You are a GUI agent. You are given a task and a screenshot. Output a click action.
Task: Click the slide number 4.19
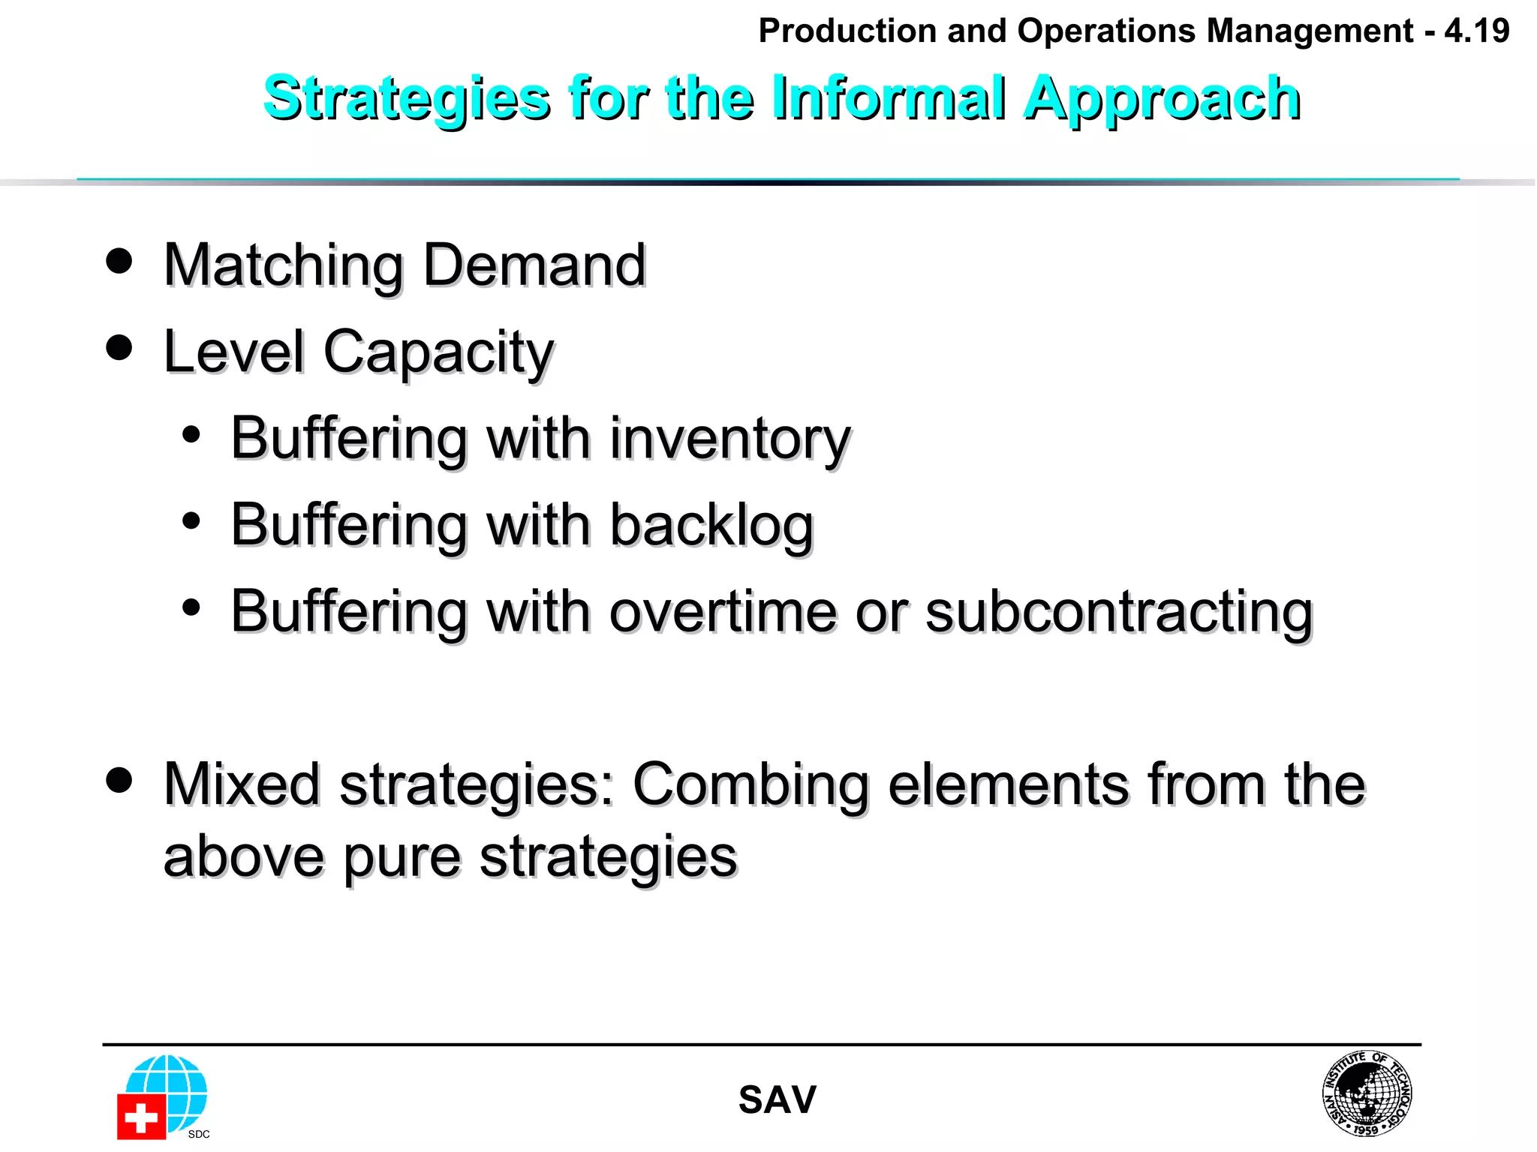[x=1476, y=31]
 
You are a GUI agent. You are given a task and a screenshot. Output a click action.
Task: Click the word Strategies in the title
[x=406, y=99]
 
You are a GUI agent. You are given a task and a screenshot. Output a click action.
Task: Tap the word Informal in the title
[x=889, y=97]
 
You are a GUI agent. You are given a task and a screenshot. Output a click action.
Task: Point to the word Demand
[x=534, y=265]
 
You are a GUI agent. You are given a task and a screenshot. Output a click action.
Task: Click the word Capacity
[x=438, y=352]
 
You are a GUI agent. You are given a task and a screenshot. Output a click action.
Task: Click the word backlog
[x=711, y=526]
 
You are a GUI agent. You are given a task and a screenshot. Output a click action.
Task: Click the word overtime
[x=722, y=613]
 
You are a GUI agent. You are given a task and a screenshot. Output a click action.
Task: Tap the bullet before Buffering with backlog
[x=191, y=520]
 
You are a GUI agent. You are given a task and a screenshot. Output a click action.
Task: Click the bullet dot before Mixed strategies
[x=119, y=780]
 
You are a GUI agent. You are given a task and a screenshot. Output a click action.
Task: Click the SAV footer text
[x=777, y=1100]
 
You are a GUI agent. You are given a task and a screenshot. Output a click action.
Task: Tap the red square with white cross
[x=140, y=1117]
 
